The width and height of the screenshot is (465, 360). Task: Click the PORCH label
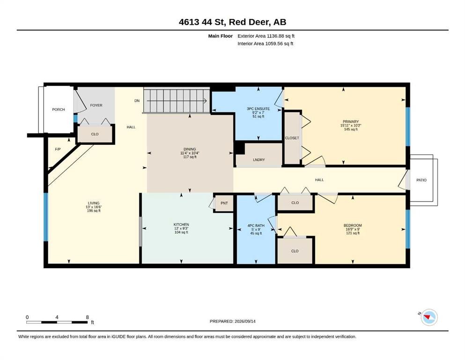pyautogui.click(x=59, y=110)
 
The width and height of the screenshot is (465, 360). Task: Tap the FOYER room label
pyautogui.click(x=96, y=105)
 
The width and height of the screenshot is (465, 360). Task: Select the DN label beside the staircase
pyautogui.click(x=137, y=101)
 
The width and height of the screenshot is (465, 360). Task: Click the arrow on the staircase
pyautogui.click(x=177, y=101)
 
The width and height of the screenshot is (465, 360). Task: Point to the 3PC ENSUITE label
pyautogui.click(x=258, y=109)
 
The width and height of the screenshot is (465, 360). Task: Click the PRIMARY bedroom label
pyautogui.click(x=351, y=122)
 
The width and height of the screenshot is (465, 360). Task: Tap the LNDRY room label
pyautogui.click(x=259, y=160)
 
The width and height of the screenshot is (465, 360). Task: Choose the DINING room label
pyautogui.click(x=190, y=149)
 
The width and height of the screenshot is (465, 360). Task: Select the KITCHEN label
pyautogui.click(x=181, y=225)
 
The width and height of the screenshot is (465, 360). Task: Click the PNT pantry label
pyautogui.click(x=224, y=203)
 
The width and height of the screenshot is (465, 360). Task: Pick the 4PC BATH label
pyautogui.click(x=256, y=225)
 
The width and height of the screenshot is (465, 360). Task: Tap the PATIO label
pyautogui.click(x=421, y=180)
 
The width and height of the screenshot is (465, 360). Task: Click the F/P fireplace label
pyautogui.click(x=58, y=149)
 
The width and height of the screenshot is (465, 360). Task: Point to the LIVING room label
pyautogui.click(x=93, y=203)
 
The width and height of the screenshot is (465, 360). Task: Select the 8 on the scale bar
pyautogui.click(x=87, y=317)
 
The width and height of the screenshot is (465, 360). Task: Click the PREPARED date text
pyautogui.click(x=232, y=322)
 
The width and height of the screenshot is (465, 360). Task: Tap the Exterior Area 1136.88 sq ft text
pyautogui.click(x=266, y=36)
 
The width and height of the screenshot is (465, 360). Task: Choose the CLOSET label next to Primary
pyautogui.click(x=292, y=138)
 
